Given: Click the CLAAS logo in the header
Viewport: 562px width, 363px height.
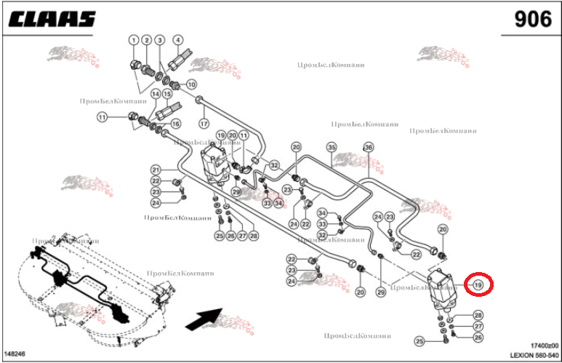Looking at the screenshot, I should coord(52,18).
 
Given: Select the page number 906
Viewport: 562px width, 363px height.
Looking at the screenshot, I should coord(533,19).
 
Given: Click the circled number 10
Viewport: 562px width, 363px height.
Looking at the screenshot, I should coord(192,84).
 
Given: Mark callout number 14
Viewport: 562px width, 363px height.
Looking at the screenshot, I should coord(156,94).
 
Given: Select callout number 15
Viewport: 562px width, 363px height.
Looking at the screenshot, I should coord(167,94).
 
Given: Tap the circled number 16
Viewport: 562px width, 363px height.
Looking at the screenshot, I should coord(175,124).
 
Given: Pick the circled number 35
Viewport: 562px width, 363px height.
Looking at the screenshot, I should coord(332,147).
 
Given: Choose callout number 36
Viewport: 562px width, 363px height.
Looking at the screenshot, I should coord(368,147).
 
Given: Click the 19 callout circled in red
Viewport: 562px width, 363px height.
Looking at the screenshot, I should coord(478,284).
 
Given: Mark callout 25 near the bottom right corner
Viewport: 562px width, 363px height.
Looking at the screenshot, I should coord(420,341).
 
